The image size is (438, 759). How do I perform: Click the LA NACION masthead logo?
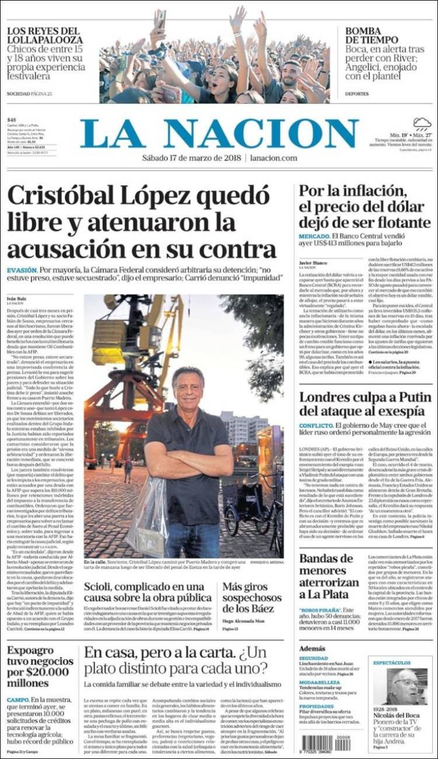219,134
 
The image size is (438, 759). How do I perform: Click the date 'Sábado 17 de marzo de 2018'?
192,158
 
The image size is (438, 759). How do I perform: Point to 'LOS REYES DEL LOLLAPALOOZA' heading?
44,35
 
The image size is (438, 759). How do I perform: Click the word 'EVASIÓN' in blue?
22,270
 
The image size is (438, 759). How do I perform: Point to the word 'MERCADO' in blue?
314,235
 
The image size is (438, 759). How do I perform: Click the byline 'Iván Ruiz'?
17,299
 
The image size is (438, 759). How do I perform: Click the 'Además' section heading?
312,648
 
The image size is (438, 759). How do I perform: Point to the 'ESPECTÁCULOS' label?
392,663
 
